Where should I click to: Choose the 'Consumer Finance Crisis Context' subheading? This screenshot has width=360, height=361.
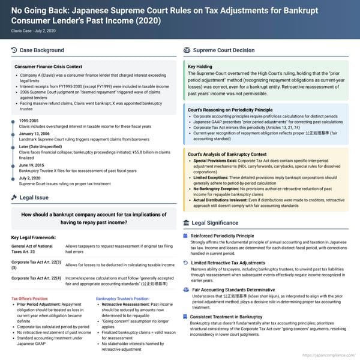48,67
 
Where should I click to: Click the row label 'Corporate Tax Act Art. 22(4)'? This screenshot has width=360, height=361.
35,278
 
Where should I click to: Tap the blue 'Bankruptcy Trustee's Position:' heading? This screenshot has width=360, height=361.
122,298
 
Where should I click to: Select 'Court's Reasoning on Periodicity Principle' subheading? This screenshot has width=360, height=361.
230,110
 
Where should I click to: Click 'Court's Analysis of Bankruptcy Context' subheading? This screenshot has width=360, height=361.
227,155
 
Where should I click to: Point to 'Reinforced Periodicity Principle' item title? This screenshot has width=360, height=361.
222,236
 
